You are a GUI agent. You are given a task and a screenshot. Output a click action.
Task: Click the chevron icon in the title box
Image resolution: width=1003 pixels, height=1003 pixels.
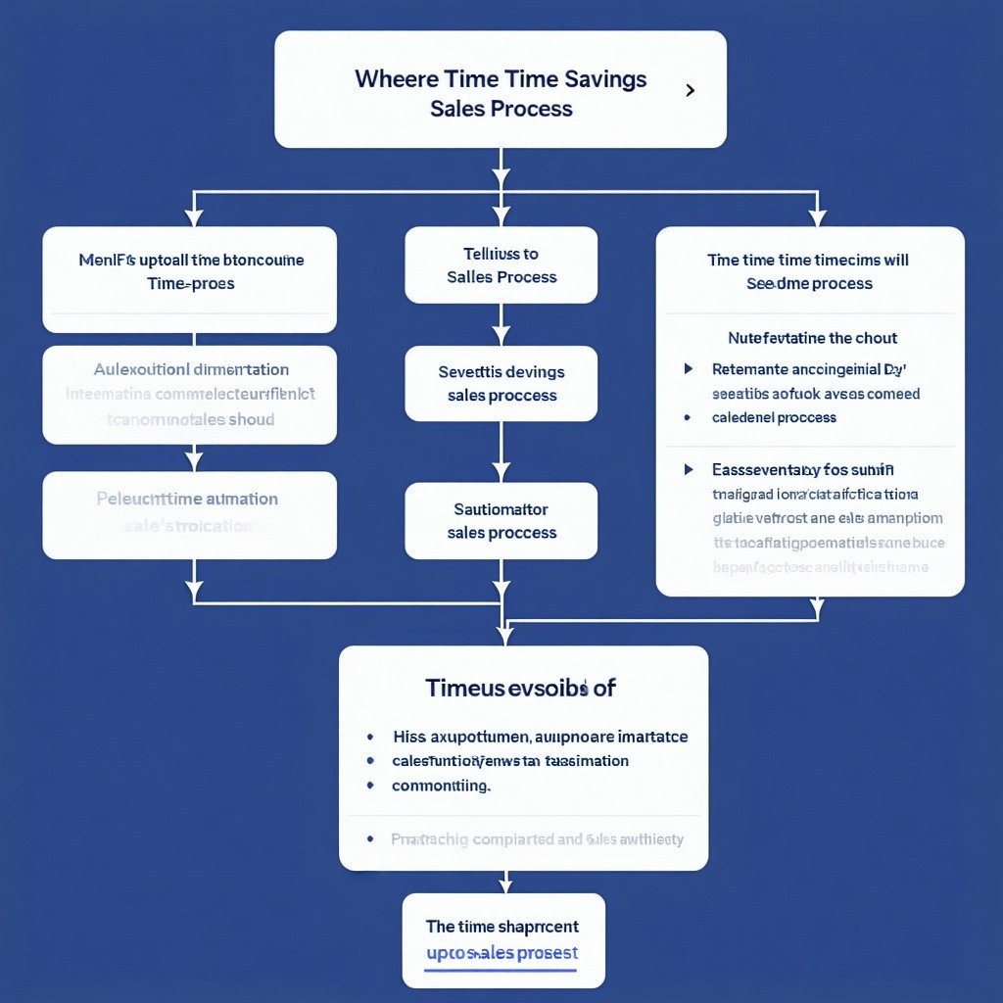(x=691, y=90)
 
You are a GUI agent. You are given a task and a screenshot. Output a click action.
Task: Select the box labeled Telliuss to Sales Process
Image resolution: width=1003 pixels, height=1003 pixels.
(x=501, y=265)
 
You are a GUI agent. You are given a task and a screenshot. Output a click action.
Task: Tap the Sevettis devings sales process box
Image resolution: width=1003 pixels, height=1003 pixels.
(x=501, y=383)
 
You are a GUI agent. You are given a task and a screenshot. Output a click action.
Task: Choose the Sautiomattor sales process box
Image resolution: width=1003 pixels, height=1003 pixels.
(x=501, y=520)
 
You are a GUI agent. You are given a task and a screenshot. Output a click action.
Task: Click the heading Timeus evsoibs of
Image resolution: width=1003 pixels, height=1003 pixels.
(x=520, y=688)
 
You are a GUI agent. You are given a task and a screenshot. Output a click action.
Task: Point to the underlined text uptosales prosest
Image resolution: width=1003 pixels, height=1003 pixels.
(x=501, y=953)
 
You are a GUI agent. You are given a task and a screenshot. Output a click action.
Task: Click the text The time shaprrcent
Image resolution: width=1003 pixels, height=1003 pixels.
(x=501, y=926)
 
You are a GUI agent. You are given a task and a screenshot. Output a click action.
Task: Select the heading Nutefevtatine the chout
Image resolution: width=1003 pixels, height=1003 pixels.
(x=812, y=338)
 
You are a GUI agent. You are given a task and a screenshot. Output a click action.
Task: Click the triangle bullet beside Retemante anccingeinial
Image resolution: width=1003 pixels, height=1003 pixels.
(x=689, y=369)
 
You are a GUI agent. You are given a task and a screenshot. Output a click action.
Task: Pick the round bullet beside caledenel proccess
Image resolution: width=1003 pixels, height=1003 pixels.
(x=689, y=417)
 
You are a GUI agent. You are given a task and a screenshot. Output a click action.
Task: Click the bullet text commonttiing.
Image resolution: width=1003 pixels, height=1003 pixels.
(x=441, y=786)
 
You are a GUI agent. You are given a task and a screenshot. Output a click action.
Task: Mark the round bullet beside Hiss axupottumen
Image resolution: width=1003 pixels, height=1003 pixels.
(x=370, y=737)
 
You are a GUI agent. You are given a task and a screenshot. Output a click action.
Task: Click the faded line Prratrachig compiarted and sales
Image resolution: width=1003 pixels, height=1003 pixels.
(x=537, y=839)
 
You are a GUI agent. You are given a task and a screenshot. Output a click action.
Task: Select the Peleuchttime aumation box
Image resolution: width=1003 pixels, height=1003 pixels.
(x=189, y=512)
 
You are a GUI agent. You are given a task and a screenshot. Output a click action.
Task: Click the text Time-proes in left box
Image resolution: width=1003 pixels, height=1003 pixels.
(x=191, y=284)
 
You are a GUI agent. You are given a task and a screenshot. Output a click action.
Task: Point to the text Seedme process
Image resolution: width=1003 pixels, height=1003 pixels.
(x=809, y=284)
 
